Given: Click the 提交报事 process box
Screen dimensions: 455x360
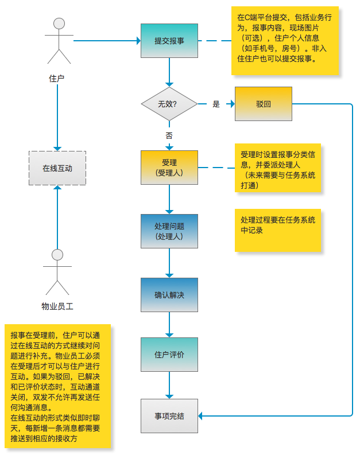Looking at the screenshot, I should point(169,41).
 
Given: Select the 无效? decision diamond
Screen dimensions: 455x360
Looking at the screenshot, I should point(169,104).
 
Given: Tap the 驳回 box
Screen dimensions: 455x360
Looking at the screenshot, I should point(264,104).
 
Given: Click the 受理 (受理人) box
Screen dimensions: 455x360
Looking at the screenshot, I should point(169,167).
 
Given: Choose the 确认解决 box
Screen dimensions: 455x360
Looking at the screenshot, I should point(169,295).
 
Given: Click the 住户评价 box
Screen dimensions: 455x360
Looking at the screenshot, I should point(169,355).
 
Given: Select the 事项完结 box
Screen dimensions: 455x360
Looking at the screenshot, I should point(169,415).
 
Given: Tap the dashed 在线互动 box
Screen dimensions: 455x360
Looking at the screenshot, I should point(57,168).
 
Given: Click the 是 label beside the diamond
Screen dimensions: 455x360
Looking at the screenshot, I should point(216,104).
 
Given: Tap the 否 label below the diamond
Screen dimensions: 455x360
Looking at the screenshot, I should point(169,136).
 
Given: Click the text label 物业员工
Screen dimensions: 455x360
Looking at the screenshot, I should point(57,306).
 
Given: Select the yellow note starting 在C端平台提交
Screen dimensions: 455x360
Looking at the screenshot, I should point(285,41).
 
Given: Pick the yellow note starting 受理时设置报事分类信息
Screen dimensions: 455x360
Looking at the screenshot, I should point(278,169).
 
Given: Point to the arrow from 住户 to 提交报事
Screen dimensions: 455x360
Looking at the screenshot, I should point(106,41).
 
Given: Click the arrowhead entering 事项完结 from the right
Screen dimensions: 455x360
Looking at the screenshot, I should point(202,415).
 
